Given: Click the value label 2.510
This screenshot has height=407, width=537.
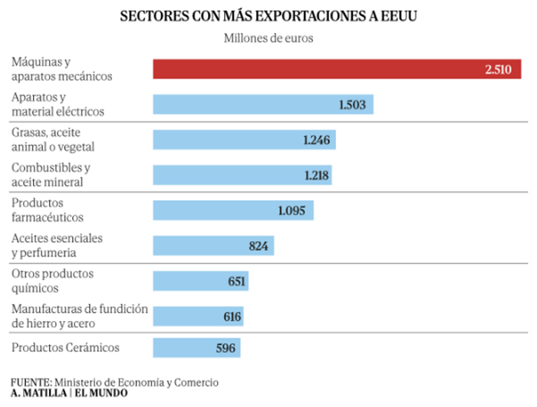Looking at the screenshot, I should (x=499, y=69).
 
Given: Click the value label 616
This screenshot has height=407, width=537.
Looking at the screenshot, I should (x=232, y=316).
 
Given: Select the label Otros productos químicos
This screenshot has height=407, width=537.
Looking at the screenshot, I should (x=52, y=280).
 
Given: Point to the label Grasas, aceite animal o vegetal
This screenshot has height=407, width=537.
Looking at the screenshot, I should (x=53, y=140).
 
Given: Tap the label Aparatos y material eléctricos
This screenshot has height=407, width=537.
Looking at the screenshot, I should (x=58, y=104).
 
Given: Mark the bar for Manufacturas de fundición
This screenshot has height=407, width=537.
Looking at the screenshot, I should (x=199, y=316).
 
